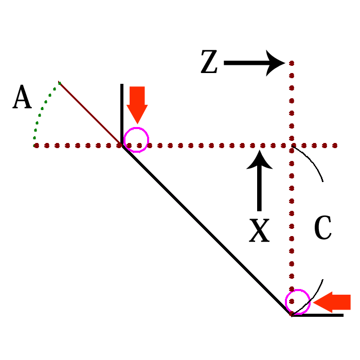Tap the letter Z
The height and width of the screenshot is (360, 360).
(x=210, y=63)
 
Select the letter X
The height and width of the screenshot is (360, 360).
(x=259, y=230)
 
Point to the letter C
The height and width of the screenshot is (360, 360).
(x=322, y=229)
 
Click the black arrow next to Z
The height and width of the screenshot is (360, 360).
(x=254, y=63)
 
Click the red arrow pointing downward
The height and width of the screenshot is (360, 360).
(x=137, y=104)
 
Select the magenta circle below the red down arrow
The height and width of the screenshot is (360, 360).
(x=136, y=139)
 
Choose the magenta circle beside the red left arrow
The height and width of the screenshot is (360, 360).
(x=298, y=302)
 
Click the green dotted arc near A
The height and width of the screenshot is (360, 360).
(x=42, y=111)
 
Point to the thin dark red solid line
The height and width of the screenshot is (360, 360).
(x=90, y=113)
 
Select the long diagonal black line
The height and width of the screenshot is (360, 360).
(x=206, y=230)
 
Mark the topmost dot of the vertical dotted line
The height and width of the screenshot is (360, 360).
(x=292, y=63)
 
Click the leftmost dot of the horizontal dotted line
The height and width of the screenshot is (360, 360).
(x=35, y=146)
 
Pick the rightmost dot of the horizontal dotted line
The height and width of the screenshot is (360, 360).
(x=336, y=146)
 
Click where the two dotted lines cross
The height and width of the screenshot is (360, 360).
(x=292, y=146)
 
